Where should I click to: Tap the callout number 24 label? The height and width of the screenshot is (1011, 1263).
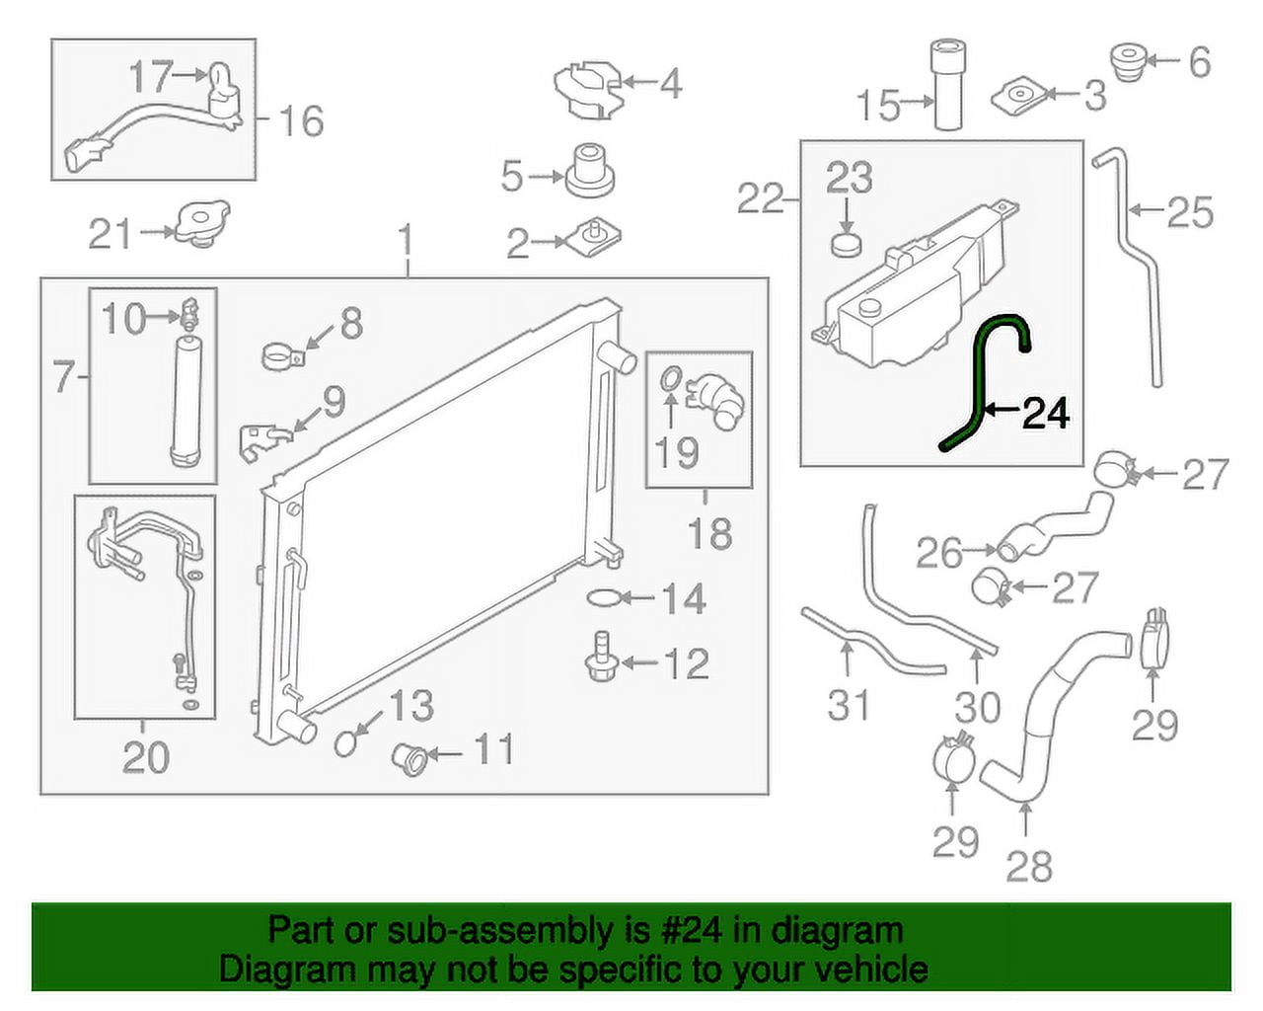pos(1046,414)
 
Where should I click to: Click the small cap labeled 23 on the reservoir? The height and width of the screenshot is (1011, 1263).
pos(847,243)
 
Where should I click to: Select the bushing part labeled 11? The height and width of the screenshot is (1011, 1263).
pos(409,758)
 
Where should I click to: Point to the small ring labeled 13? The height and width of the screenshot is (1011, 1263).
pos(345,741)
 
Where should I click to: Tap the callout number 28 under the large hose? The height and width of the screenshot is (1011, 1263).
pos(1029,866)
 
